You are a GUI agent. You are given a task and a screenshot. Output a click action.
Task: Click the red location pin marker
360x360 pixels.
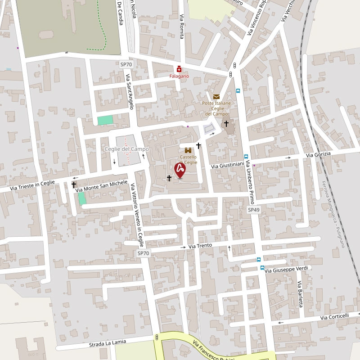(x=180, y=170)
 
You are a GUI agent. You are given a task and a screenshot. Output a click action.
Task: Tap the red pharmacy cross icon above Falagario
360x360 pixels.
(x=179, y=69)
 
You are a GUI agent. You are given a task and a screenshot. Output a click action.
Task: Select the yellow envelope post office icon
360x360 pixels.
(x=216, y=96)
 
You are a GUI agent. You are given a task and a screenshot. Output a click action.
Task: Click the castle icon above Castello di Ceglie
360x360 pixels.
(x=188, y=150)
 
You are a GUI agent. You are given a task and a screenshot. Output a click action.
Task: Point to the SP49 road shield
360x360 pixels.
(x=254, y=210)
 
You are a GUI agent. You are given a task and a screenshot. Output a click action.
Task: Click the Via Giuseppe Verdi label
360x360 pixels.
(x=286, y=270)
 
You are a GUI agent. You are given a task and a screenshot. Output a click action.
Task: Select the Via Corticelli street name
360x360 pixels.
(x=334, y=317)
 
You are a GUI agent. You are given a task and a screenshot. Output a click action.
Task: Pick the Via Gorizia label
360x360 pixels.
(x=318, y=154)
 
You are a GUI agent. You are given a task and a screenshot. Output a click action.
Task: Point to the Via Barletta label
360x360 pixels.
(x=300, y=294)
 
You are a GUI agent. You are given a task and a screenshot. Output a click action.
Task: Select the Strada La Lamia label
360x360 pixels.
(x=108, y=343)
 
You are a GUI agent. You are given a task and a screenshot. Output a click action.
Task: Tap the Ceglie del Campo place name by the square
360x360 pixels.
(x=126, y=149)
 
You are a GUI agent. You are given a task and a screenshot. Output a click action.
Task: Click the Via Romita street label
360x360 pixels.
(x=182, y=27)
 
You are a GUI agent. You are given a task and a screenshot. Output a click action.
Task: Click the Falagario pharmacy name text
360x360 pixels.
(x=179, y=76)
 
